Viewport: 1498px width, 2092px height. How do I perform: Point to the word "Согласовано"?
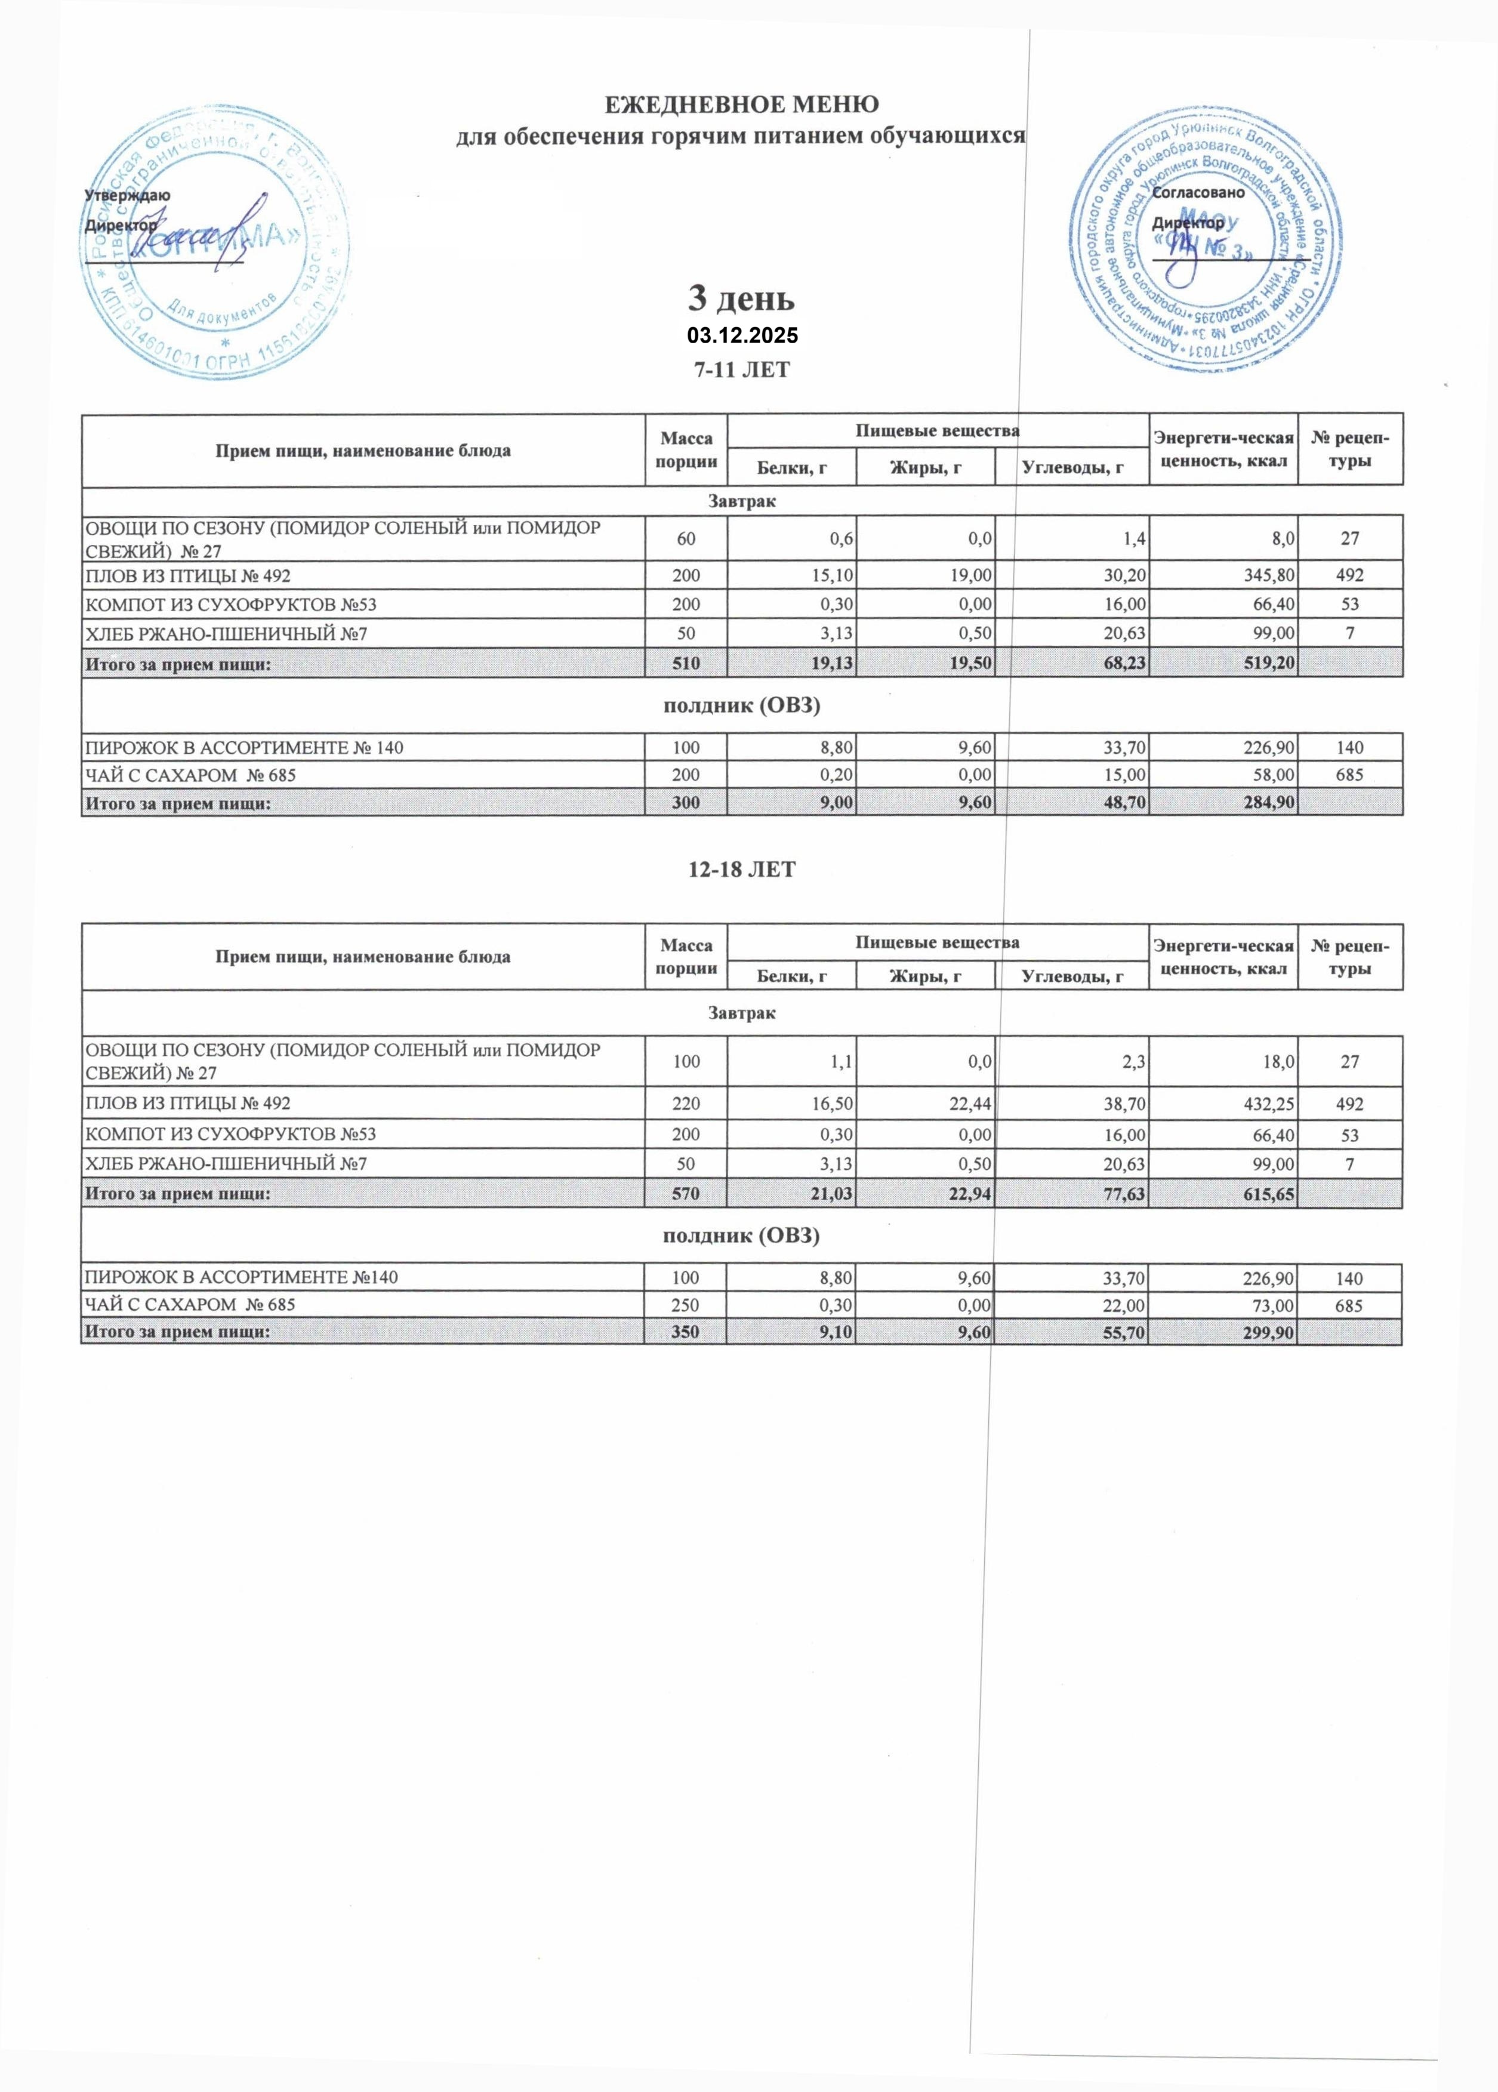click(x=1199, y=193)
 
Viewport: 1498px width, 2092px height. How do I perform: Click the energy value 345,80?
click(x=1270, y=575)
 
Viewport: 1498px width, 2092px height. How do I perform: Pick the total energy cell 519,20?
click(x=1270, y=663)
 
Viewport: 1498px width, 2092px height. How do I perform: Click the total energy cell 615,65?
click(x=1269, y=1194)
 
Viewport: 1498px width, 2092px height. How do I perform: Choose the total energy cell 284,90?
click(x=1270, y=803)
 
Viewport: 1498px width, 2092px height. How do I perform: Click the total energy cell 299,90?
click(x=1270, y=1332)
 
